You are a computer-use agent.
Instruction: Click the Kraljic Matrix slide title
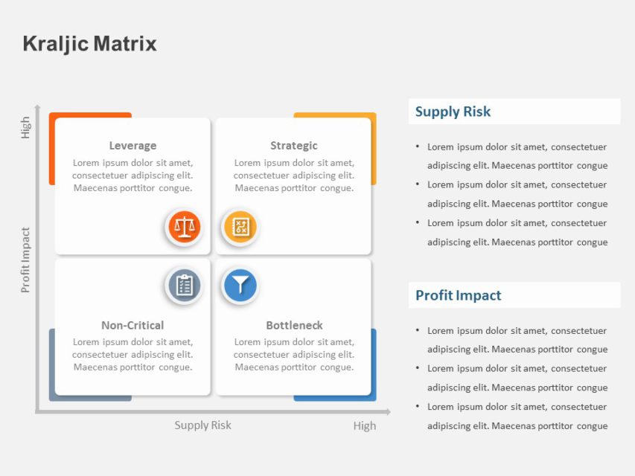tap(90, 44)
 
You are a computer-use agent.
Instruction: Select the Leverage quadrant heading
tap(133, 146)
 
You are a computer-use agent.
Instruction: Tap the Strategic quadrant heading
tap(293, 146)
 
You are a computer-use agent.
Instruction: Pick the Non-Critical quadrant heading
tap(133, 325)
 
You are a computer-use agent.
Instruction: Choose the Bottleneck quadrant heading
tap(294, 325)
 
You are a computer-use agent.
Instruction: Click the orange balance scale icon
tap(184, 227)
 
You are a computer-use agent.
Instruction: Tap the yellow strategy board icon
tap(240, 227)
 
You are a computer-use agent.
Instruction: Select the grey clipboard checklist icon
tap(184, 285)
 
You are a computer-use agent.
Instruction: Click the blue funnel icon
tap(240, 285)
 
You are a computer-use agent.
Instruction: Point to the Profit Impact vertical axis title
tap(26, 260)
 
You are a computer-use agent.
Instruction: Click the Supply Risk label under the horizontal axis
tap(202, 425)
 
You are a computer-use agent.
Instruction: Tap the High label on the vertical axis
tap(26, 127)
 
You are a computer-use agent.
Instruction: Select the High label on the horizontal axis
tap(365, 426)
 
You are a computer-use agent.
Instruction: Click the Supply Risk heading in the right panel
tap(453, 112)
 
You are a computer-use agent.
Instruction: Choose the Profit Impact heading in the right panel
tap(458, 295)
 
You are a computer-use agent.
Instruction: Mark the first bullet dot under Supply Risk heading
tap(418, 147)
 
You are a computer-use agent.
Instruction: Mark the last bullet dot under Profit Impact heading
tap(418, 407)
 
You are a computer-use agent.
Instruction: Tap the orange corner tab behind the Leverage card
tap(52, 149)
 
